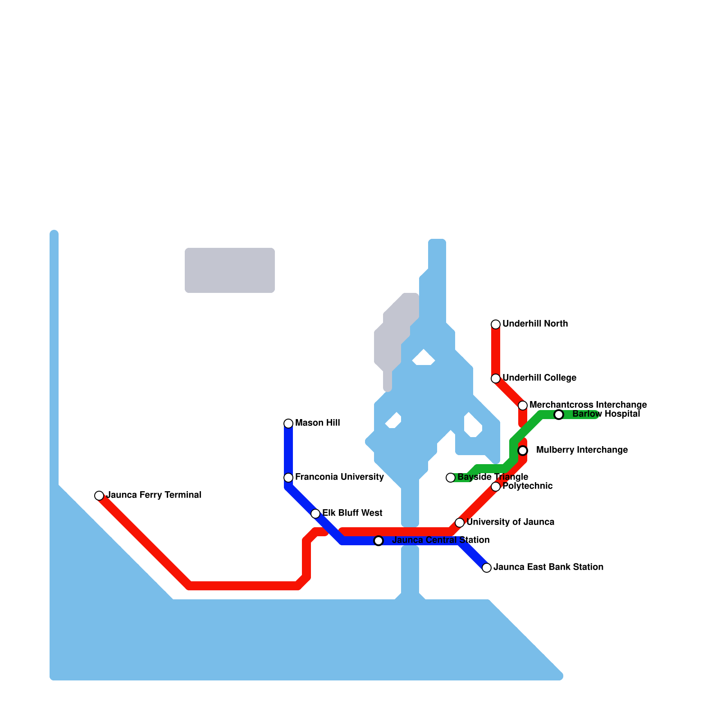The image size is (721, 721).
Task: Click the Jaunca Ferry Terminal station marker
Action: pyautogui.click(x=99, y=496)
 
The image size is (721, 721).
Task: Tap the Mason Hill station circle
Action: pyautogui.click(x=288, y=424)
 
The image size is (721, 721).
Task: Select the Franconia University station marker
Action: pyautogui.click(x=288, y=478)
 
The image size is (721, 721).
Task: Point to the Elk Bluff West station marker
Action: pyautogui.click(x=315, y=514)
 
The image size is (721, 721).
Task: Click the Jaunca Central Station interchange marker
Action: pyautogui.click(x=379, y=541)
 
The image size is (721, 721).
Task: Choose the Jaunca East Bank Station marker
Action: pyautogui.click(x=487, y=568)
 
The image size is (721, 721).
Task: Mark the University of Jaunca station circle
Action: pyautogui.click(x=460, y=523)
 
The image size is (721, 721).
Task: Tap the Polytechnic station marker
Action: pyautogui.click(x=496, y=487)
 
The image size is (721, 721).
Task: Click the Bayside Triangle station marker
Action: pyautogui.click(x=451, y=478)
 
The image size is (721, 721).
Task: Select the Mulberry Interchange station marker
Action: pyautogui.click(x=523, y=451)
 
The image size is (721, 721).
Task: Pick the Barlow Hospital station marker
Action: pyautogui.click(x=559, y=415)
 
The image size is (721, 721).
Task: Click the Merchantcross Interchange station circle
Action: pyautogui.click(x=523, y=406)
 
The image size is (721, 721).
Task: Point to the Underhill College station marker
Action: pyautogui.click(x=496, y=379)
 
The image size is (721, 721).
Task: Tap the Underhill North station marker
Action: pyautogui.click(x=496, y=324)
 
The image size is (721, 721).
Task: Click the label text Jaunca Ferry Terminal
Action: pyautogui.click(x=154, y=495)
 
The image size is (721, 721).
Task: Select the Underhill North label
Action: pyautogui.click(x=535, y=324)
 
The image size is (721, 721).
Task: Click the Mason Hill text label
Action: pyautogui.click(x=317, y=423)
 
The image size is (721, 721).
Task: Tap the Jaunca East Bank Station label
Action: pyautogui.click(x=548, y=567)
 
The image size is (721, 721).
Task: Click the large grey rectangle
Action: pyautogui.click(x=230, y=270)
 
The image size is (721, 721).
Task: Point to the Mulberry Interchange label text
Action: pyautogui.click(x=582, y=450)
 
